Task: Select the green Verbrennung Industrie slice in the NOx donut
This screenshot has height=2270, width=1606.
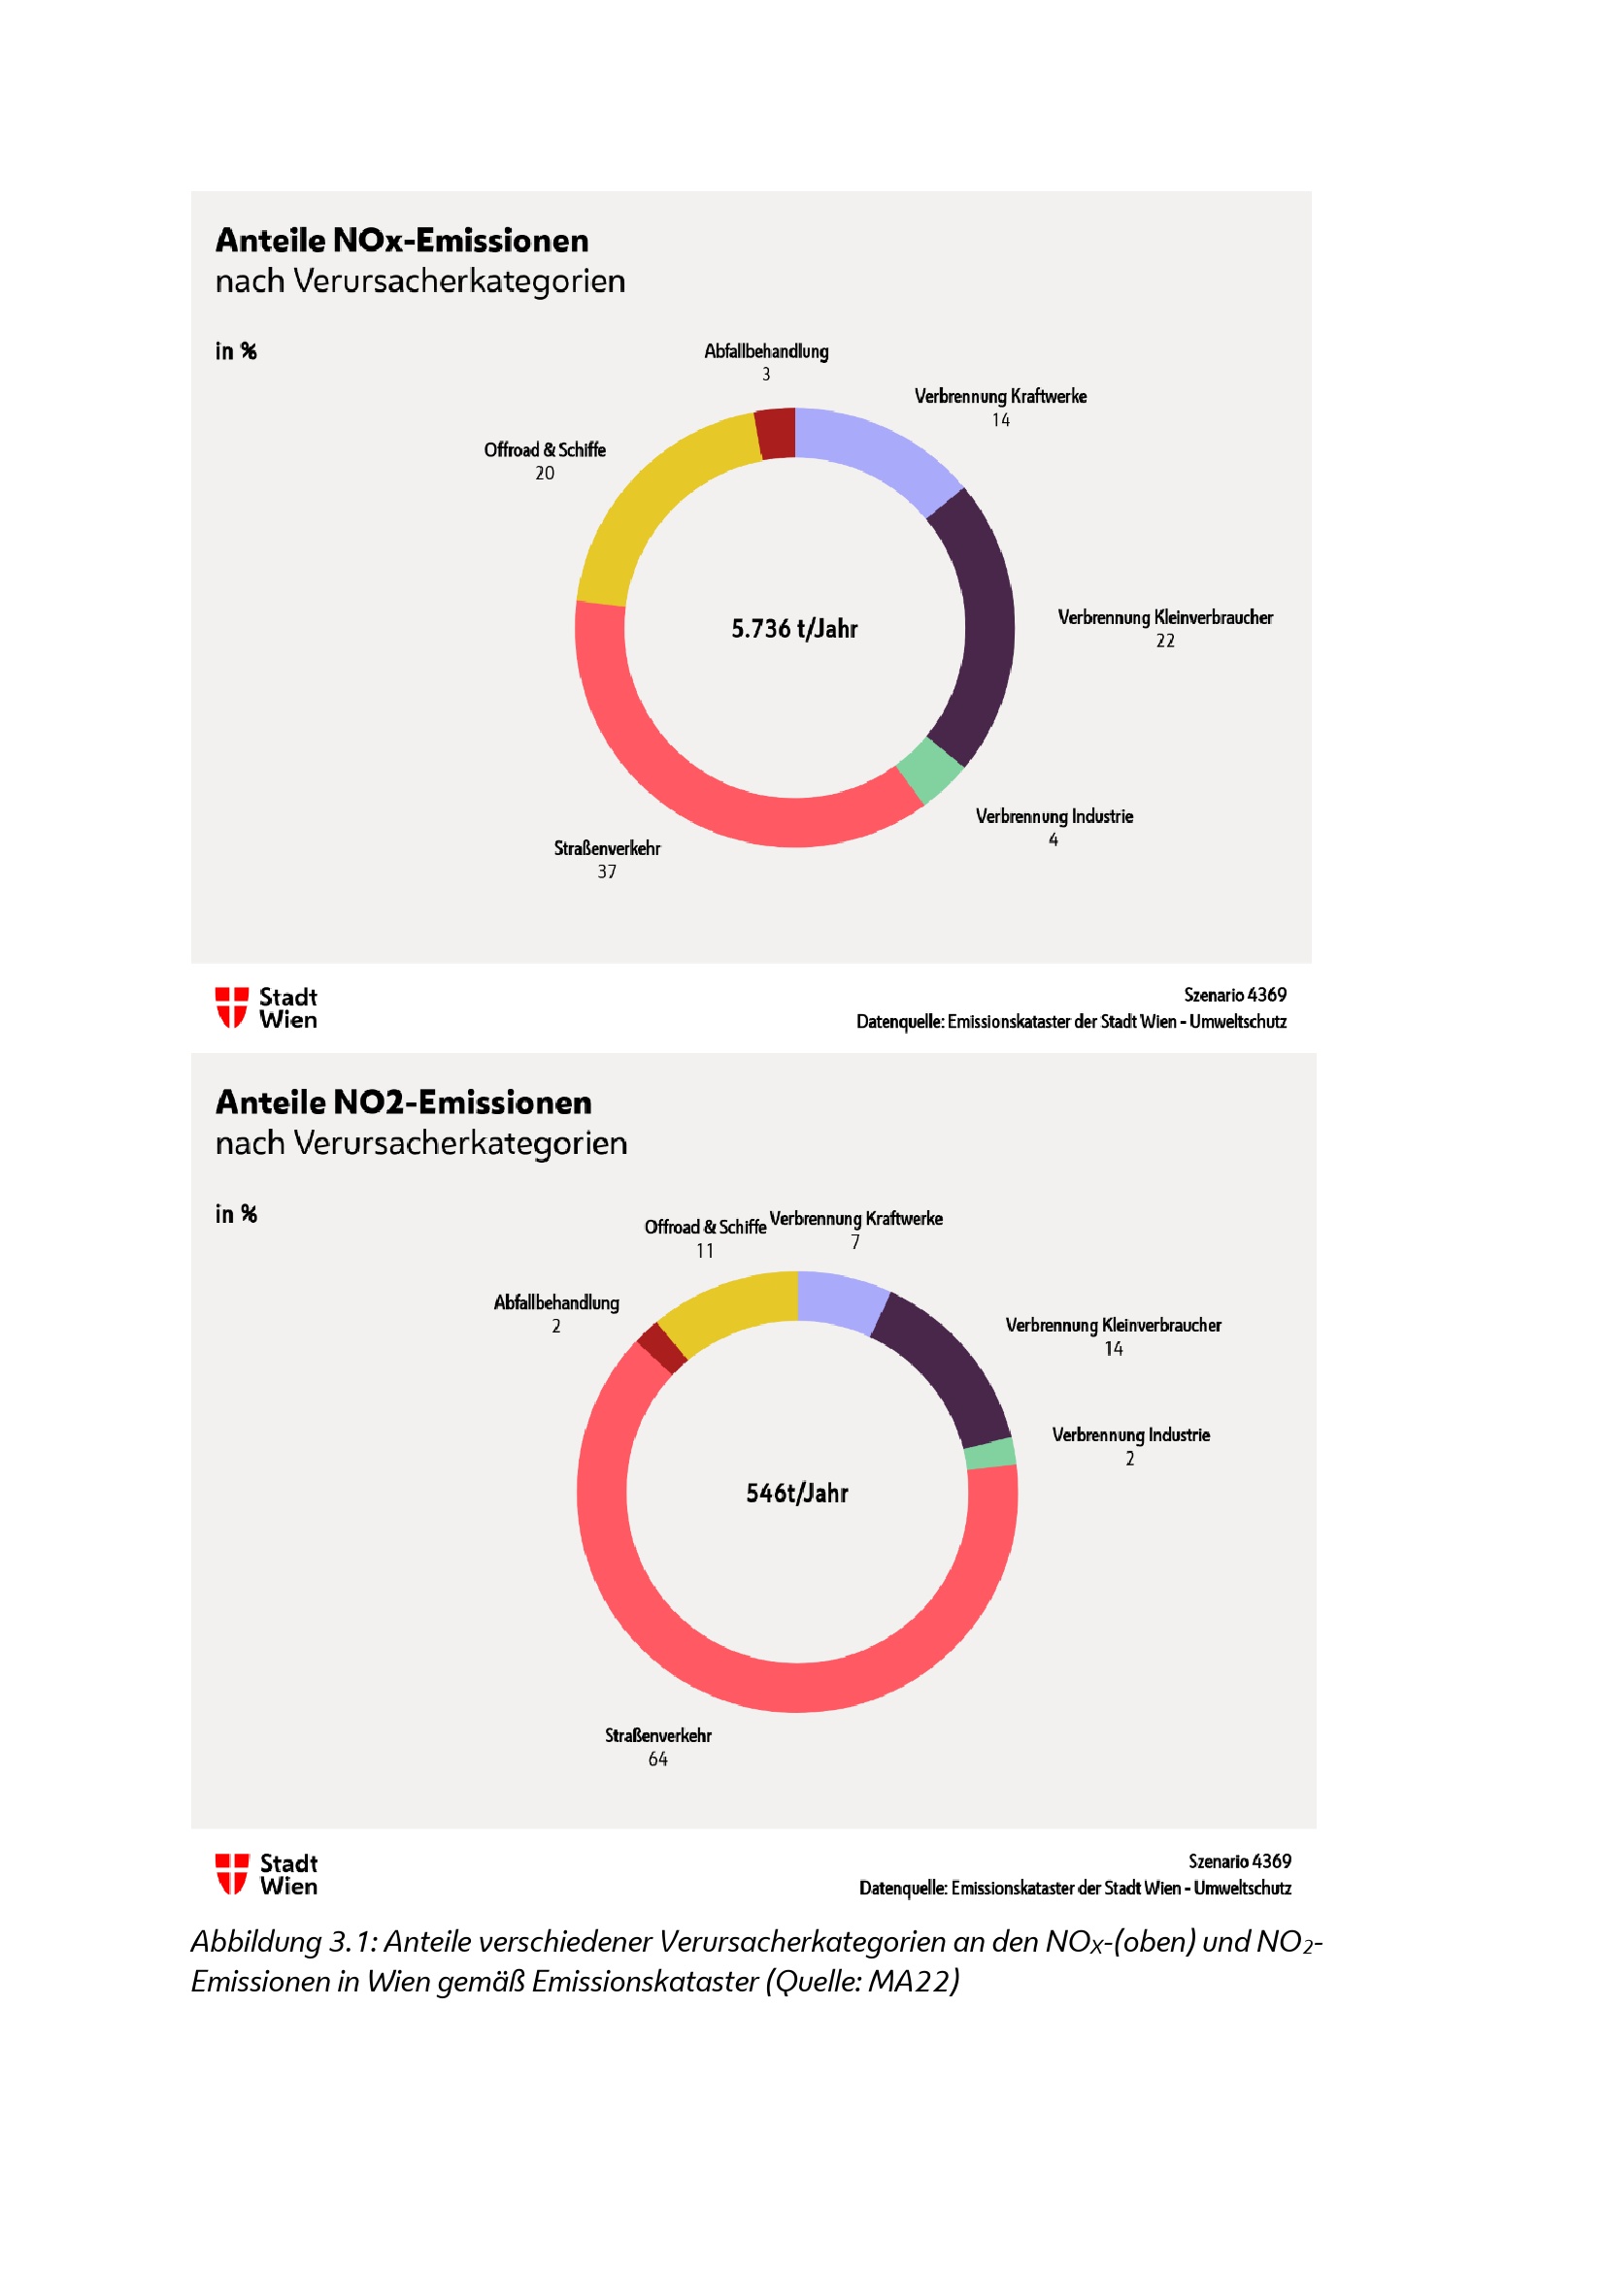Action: pos(929,771)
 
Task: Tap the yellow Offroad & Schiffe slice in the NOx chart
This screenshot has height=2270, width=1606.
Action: pos(653,500)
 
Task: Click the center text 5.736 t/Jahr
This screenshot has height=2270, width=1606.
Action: pos(794,629)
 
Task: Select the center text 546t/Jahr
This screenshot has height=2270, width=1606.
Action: pos(797,1493)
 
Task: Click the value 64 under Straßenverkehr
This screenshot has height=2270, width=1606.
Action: pos(657,1759)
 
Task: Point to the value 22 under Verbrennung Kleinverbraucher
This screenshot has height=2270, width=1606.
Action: pos(1165,641)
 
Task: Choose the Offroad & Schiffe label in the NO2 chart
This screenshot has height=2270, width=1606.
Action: pos(705,1227)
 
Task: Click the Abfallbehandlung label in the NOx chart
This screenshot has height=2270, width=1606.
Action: pos(766,351)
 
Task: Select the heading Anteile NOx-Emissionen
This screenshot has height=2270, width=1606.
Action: pos(403,241)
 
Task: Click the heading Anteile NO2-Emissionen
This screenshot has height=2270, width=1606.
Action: pos(404,1102)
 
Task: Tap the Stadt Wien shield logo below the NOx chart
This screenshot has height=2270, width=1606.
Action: pos(231,1007)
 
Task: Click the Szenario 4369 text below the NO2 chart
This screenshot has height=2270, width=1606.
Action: pos(1239,1860)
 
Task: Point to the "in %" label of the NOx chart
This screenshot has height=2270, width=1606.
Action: pos(236,351)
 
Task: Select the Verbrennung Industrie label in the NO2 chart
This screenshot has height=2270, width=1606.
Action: pos(1130,1434)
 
